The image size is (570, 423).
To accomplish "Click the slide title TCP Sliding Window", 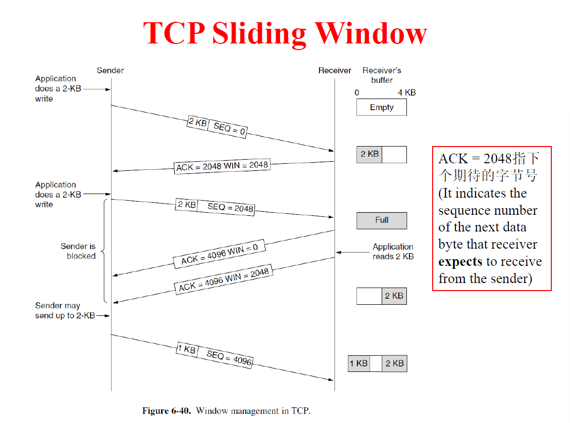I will pos(285,33).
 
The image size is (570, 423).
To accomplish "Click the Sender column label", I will pos(110,70).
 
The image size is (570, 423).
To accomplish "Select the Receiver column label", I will pos(334,70).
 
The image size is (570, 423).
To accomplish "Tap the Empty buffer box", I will pos(381,107).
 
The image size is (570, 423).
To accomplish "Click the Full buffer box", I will pos(381,220).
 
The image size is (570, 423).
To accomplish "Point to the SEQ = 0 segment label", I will pos(229,129).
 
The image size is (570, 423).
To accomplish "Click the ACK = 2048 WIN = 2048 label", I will pos(222,166).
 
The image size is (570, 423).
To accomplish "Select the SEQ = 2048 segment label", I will pos(230,208).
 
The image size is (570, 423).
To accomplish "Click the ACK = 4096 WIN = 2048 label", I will pos(224,279).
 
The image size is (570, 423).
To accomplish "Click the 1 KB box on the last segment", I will pos(186,349).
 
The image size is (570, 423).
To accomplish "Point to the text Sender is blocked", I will pos(78,251).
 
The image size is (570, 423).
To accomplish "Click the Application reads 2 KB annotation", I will pos(393,251).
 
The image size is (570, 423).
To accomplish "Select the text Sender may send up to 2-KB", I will pos(65,311).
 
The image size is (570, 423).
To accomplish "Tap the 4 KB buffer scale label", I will pos(406,92).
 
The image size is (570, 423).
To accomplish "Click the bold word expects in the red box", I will pos(460,262).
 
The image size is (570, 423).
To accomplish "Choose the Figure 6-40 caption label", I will pos(167,410).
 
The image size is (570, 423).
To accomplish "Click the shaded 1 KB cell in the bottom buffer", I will pos(358,363).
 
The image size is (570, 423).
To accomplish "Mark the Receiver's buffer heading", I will pos(382,75).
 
